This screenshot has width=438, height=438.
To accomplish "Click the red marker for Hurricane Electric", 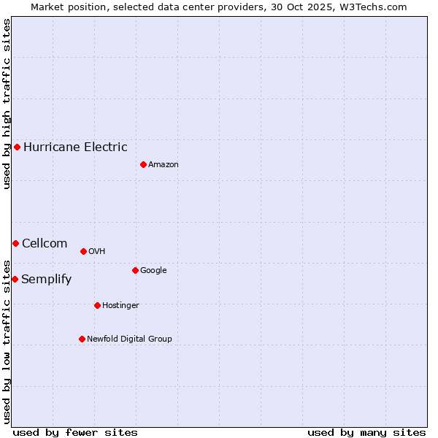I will (17, 147).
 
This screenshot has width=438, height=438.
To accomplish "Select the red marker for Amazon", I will (143, 164).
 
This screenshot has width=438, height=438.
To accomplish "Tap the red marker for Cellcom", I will (15, 243).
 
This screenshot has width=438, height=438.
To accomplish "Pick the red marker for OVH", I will (83, 251).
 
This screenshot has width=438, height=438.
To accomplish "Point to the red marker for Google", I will (135, 270).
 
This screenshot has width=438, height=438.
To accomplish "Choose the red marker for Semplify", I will (15, 279).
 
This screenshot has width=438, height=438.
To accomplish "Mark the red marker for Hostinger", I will (97, 305).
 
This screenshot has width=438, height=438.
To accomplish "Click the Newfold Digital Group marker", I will (82, 339).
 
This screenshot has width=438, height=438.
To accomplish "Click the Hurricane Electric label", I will (75, 147).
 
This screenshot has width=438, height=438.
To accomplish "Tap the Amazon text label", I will (164, 164).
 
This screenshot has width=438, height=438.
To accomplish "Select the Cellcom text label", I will (45, 243).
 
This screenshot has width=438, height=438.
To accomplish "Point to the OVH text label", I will (97, 251).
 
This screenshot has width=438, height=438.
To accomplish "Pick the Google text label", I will (153, 270).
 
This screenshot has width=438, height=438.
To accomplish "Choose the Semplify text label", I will (47, 279).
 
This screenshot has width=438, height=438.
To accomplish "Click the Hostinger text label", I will (120, 305).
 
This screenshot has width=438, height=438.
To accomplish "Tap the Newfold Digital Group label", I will (129, 339).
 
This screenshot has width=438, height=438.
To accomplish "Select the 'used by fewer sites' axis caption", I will (75, 432).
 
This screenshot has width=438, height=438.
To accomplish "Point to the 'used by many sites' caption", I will (366, 432).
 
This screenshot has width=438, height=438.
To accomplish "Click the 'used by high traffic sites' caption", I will (7, 104).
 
